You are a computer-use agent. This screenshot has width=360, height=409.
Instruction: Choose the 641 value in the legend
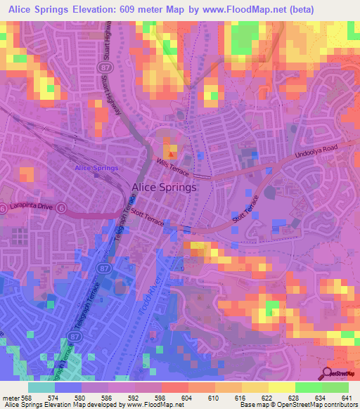[347, 398]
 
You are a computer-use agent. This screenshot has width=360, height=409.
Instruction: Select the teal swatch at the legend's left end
[41, 387]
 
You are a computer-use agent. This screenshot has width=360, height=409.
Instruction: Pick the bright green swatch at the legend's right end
[335, 387]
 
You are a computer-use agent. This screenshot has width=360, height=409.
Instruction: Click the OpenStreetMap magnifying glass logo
[326, 372]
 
